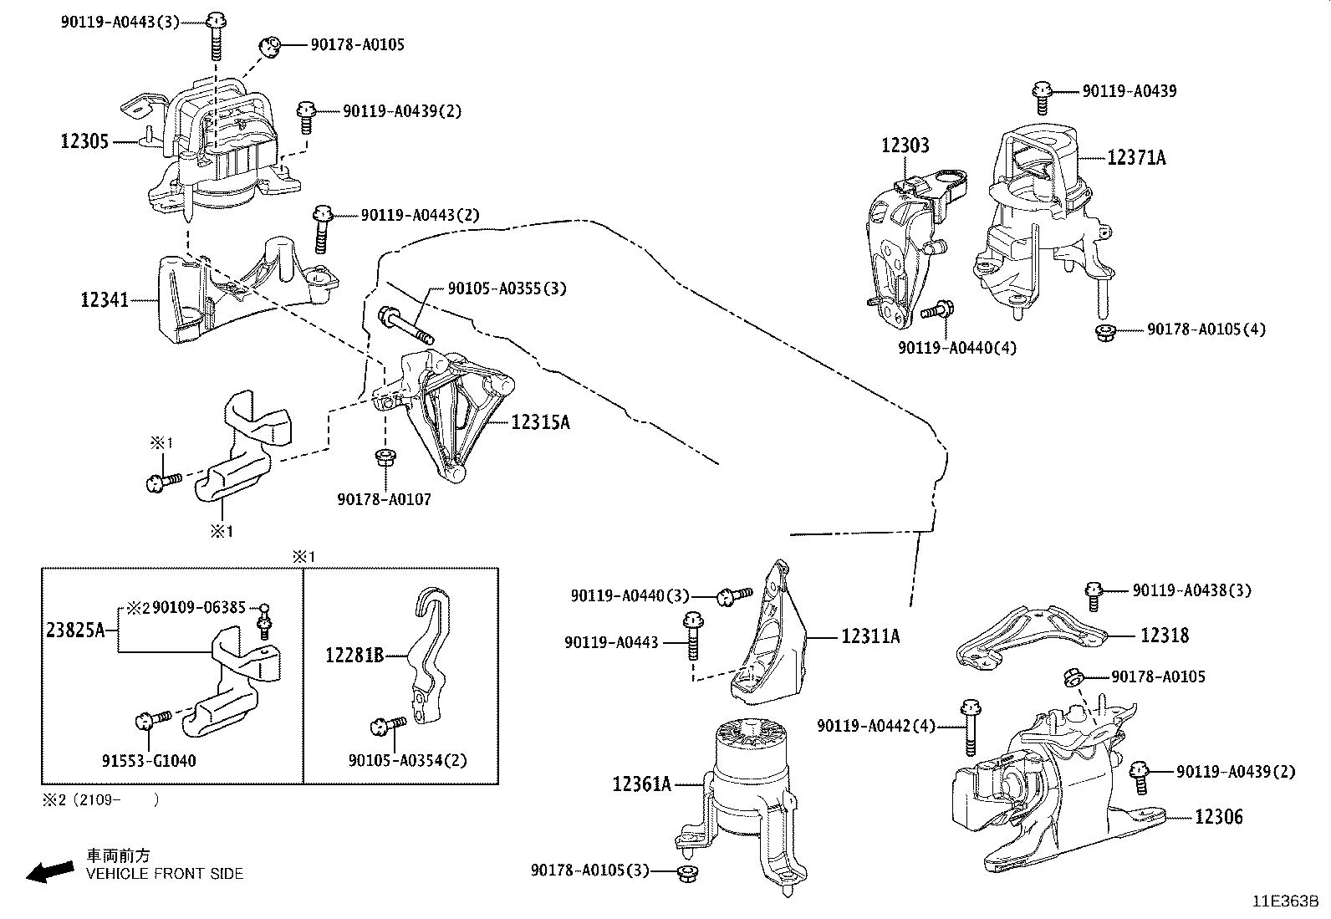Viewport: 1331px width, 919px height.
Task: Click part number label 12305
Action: [x=84, y=141]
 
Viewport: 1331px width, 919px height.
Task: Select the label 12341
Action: [x=105, y=299]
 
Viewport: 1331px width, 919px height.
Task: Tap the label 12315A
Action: [x=540, y=422]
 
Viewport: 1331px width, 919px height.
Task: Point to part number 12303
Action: [x=905, y=146]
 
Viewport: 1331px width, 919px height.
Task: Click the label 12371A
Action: [x=1136, y=157]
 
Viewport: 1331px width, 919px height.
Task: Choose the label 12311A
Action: [x=870, y=636]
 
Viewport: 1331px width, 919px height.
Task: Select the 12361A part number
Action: [x=642, y=784]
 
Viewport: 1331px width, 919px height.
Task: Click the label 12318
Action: [x=1165, y=636]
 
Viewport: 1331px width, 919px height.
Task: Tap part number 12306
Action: [x=1218, y=816]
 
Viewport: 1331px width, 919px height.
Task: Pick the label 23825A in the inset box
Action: [x=74, y=631]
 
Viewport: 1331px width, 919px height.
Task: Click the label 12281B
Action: [x=354, y=655]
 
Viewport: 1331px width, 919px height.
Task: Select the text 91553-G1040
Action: [x=150, y=760]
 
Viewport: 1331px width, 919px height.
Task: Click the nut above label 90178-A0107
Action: [x=386, y=458]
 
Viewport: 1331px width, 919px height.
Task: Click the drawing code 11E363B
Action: [x=1284, y=901]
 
